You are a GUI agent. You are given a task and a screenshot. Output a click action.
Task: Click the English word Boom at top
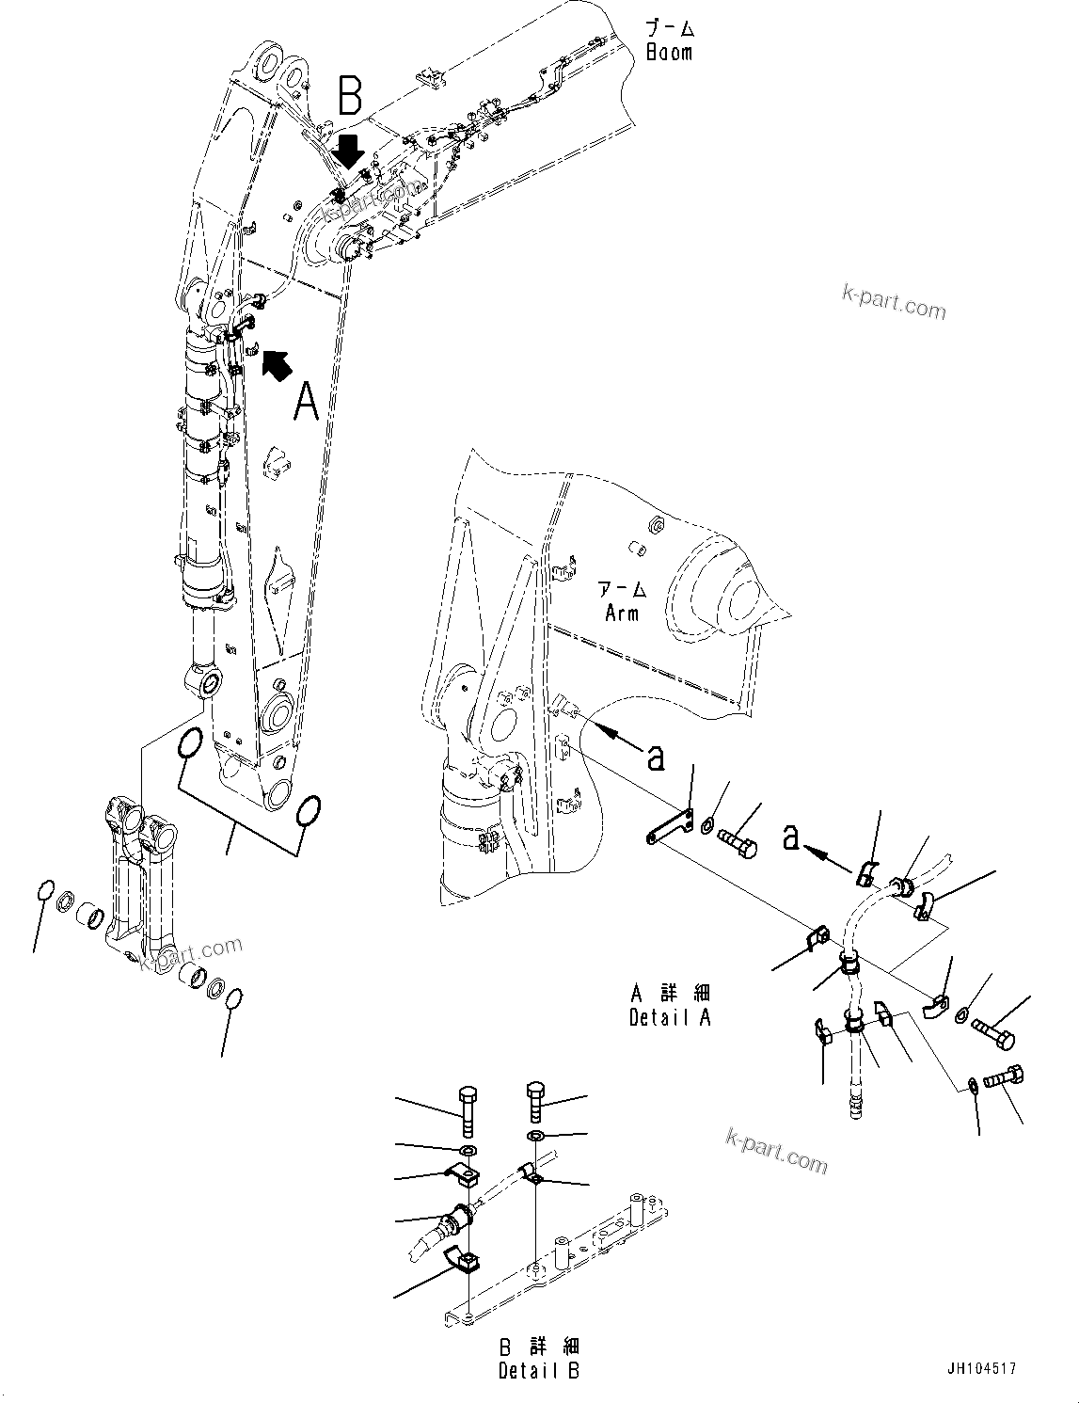tap(669, 53)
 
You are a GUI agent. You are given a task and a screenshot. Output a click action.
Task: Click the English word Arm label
tap(622, 613)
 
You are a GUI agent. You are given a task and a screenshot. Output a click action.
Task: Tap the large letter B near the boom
tap(349, 96)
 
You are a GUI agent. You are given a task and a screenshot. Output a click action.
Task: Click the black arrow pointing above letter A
tap(275, 363)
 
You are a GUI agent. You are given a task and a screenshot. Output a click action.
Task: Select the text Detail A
tap(670, 1017)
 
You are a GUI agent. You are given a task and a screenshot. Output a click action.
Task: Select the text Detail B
tap(539, 1371)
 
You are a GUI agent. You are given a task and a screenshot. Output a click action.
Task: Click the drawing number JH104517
tap(982, 1369)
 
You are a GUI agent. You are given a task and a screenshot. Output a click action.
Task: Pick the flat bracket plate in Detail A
tap(669, 825)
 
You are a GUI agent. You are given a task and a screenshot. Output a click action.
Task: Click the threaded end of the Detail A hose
tap(855, 1100)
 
